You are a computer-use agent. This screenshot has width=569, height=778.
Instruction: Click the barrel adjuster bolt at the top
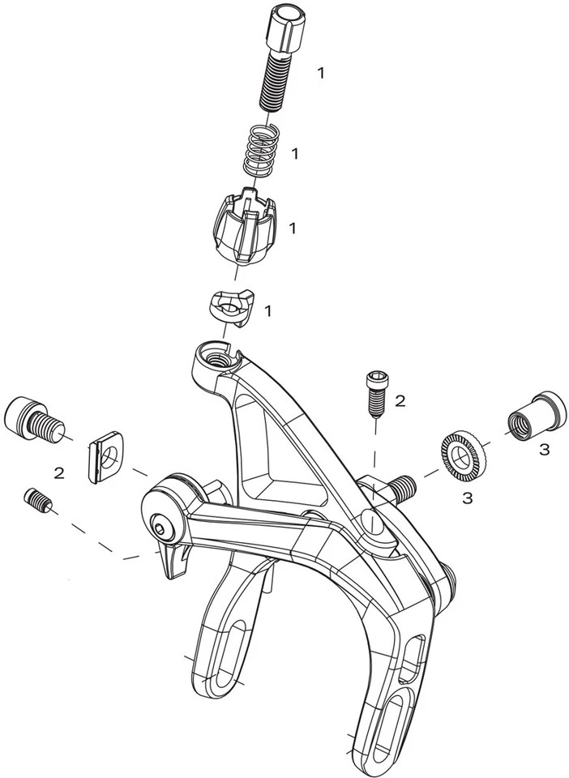click(x=282, y=58)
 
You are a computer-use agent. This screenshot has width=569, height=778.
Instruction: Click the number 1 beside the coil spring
click(x=295, y=154)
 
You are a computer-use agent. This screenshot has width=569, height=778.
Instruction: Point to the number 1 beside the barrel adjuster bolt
click(x=321, y=73)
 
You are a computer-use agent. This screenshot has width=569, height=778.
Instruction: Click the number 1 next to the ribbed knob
click(x=293, y=229)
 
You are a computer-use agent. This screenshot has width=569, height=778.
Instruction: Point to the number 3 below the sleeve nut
click(x=545, y=450)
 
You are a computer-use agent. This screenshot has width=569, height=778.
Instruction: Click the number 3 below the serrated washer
click(x=468, y=498)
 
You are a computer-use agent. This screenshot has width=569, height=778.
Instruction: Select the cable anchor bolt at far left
click(x=34, y=418)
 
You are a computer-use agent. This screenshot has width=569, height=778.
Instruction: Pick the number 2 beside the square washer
click(x=59, y=473)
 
